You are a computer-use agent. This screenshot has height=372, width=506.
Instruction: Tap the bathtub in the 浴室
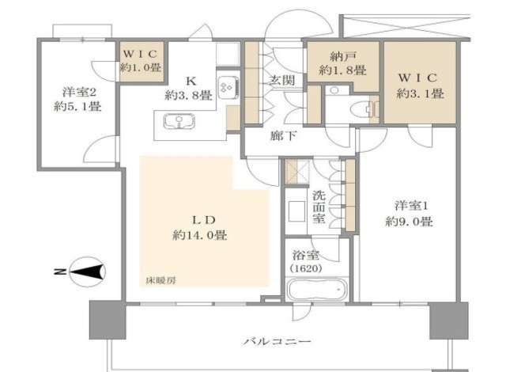(317, 289)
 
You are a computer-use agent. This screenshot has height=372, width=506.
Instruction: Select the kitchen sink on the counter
(179, 122)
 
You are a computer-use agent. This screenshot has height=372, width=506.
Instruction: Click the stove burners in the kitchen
(228, 87)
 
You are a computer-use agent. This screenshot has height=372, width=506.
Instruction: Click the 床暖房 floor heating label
(161, 281)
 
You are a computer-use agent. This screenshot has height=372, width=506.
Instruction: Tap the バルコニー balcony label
(278, 341)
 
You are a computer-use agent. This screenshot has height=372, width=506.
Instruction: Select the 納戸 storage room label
(343, 56)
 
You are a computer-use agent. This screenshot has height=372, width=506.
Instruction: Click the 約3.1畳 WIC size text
(420, 93)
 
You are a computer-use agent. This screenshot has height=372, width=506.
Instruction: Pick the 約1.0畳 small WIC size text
(141, 67)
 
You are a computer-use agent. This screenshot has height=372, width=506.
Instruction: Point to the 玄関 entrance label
(282, 80)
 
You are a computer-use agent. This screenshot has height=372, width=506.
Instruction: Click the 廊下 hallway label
(283, 136)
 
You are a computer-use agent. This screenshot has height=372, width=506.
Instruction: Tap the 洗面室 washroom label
(319, 207)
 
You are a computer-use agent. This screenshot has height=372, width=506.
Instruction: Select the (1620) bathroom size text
(306, 268)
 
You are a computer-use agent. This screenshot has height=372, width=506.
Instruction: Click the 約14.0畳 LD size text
(199, 235)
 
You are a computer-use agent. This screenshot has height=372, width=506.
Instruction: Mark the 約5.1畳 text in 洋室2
(77, 106)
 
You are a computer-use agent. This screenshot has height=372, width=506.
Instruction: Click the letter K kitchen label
(191, 81)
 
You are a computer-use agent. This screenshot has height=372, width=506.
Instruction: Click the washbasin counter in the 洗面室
(296, 211)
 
